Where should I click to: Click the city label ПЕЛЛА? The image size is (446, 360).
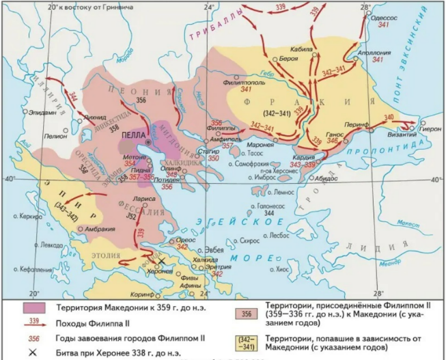134,135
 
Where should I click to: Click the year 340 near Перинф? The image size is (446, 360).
389,117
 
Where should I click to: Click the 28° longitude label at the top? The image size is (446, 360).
365,7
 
